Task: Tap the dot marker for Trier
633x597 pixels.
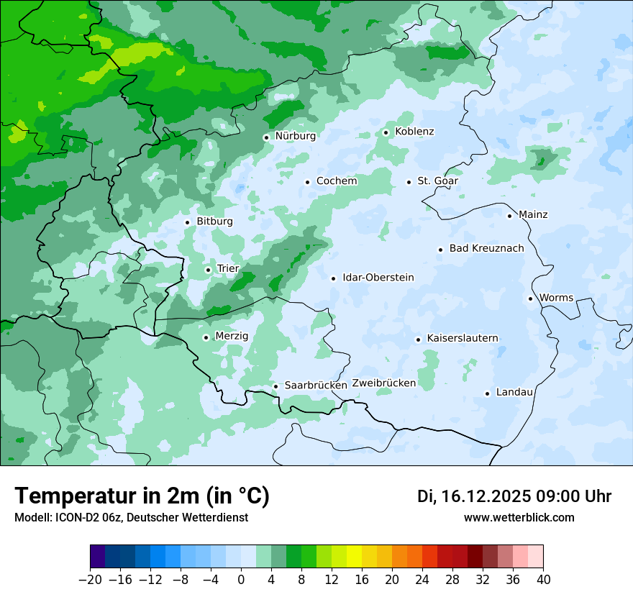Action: [208, 270]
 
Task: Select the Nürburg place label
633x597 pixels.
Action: [295, 136]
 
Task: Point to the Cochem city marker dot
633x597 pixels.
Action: [307, 182]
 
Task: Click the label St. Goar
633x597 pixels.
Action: [438, 181]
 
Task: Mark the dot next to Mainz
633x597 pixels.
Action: [509, 216]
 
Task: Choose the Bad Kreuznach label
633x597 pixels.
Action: [486, 249]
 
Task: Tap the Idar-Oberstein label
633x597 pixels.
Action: [378, 278]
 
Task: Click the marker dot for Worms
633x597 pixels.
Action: [530, 298]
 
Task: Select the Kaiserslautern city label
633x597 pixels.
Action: [463, 339]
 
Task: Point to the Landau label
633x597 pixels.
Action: [514, 393]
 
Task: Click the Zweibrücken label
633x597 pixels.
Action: [383, 383]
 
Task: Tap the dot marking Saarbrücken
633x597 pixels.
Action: [275, 386]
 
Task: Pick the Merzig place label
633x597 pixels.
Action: [232, 337]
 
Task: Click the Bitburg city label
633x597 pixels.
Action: [214, 222]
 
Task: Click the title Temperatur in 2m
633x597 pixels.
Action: [142, 496]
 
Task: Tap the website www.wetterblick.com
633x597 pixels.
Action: [519, 518]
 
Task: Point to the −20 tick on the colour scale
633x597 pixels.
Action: [90, 580]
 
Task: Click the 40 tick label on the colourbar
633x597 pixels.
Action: [543, 580]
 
